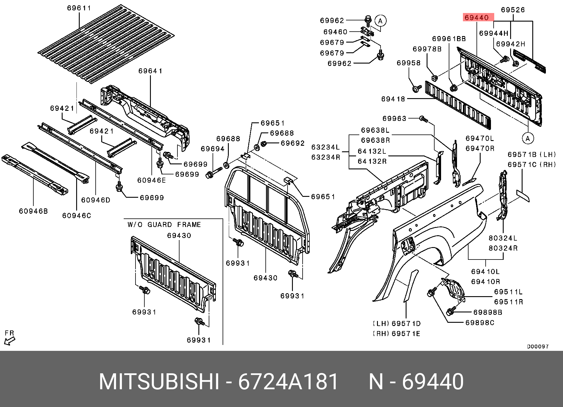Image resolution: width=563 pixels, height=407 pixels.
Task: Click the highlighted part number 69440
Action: (476, 18)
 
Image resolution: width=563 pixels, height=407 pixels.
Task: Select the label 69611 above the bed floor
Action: (79, 8)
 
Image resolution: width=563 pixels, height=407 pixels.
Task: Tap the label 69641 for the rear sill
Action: (151, 71)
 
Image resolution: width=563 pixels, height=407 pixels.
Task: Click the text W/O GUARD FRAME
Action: (164, 225)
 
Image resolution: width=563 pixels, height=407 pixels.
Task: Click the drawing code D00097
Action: (538, 347)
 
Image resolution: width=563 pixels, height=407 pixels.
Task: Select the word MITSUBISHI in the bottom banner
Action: (159, 380)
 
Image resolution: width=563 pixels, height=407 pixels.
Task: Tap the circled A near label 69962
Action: (380, 21)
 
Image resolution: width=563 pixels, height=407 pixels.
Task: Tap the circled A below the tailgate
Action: (528, 138)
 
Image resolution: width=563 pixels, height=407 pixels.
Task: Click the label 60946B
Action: (33, 211)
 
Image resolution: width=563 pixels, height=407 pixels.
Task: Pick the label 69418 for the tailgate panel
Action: (393, 99)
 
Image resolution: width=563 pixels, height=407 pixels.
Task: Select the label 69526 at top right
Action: (513, 10)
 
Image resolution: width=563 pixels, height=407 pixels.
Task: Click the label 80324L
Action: (503, 238)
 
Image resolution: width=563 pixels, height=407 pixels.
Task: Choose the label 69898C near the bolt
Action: (480, 322)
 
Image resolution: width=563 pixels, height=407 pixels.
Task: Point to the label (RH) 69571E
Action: (396, 334)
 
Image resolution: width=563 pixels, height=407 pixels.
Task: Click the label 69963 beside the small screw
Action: (394, 119)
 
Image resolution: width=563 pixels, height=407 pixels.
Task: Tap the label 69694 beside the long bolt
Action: (213, 149)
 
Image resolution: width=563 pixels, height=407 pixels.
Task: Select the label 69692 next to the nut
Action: (292, 143)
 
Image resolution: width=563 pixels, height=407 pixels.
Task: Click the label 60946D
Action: (96, 200)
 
